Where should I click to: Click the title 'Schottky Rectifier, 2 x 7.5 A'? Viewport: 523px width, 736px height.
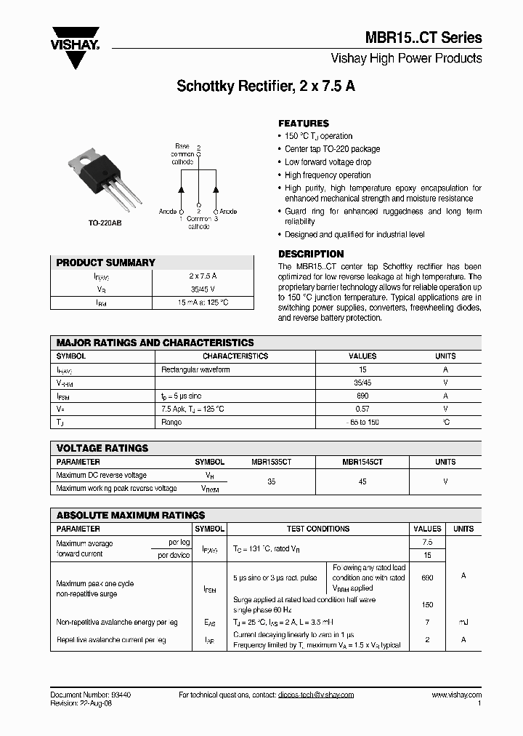tap(266, 86)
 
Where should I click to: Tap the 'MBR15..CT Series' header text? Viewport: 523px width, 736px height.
tap(427, 38)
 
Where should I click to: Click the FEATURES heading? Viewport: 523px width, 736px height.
tap(304, 124)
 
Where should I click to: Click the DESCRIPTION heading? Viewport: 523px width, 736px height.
tap(311, 254)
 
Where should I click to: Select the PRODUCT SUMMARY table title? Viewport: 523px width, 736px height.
tap(106, 263)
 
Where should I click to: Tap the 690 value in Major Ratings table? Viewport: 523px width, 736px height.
tap(362, 396)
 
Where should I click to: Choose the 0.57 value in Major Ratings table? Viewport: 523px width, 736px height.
tap(362, 409)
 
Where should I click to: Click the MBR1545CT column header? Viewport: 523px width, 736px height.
tap(362, 462)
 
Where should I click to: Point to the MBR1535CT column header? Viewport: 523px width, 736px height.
tap(272, 462)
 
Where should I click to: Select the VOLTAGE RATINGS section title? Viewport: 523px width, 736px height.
tap(102, 448)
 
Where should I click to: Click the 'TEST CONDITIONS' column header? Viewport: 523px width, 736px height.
tap(318, 529)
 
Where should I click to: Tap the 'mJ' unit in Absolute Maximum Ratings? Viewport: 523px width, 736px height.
tap(463, 622)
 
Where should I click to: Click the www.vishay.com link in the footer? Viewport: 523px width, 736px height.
tap(456, 695)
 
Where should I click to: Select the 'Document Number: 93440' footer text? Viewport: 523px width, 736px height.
tap(91, 695)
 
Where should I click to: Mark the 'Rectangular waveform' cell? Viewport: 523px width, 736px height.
tap(195, 369)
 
